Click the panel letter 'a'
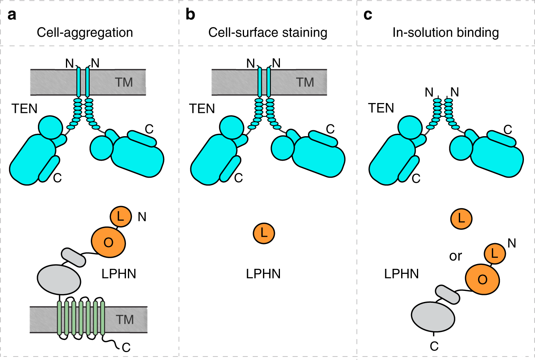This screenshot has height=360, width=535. point(12,15)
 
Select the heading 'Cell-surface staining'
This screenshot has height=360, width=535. point(268,32)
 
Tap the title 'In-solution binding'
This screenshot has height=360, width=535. point(445,32)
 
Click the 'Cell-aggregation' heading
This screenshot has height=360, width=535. point(85,32)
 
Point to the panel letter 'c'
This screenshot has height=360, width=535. point(368,15)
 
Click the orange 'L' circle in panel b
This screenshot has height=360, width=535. point(264,233)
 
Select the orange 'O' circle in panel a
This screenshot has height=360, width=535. point(109,242)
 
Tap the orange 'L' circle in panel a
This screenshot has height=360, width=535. point(120,216)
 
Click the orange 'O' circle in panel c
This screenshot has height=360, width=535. point(482,279)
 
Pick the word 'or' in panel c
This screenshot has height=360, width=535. point(455,256)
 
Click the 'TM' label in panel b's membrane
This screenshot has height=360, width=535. point(305,82)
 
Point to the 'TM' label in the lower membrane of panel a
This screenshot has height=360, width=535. point(125,319)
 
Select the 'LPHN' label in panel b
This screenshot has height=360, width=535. point(263,274)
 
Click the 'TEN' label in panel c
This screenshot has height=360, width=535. point(381,108)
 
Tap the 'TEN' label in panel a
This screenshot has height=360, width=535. point(24,109)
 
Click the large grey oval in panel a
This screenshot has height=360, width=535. point(59,279)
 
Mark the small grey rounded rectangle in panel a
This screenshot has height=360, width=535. point(73,257)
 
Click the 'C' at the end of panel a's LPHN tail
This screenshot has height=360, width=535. point(126,347)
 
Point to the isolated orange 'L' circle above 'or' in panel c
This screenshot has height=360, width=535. point(461,218)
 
